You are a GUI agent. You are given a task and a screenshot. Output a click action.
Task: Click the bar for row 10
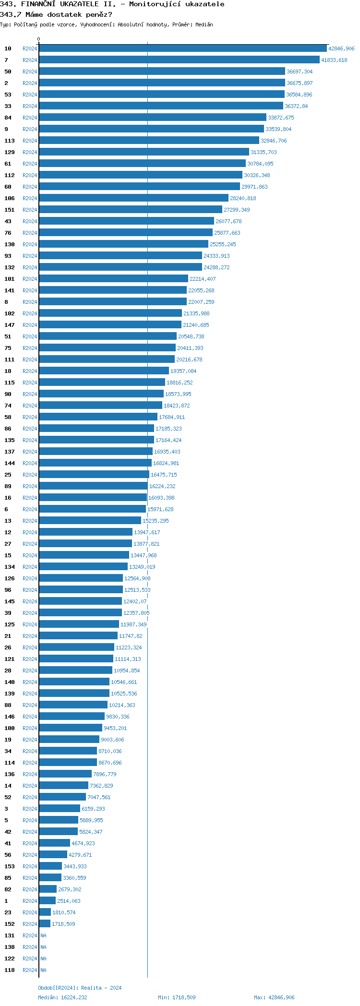(182, 48)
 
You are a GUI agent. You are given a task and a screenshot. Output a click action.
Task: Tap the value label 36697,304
(300, 72)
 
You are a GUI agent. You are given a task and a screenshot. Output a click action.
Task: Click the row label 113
(10, 141)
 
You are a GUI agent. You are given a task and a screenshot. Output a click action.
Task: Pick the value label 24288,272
(216, 267)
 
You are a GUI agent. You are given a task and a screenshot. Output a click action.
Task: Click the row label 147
(10, 325)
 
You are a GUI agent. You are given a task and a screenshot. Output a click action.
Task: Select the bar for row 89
(93, 486)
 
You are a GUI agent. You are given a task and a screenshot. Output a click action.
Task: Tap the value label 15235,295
(156, 521)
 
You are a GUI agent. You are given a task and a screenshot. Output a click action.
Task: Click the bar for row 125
(79, 624)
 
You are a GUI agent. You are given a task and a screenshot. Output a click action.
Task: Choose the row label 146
(10, 717)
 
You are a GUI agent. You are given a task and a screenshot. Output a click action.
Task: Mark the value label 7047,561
(99, 797)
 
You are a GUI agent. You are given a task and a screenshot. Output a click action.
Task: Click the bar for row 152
(45, 924)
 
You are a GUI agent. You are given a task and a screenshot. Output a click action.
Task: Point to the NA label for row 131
(43, 935)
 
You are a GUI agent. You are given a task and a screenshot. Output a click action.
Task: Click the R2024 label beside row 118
(30, 970)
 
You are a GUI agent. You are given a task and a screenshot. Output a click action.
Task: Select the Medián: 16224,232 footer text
(62, 997)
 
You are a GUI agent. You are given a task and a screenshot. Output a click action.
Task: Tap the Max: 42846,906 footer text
(274, 997)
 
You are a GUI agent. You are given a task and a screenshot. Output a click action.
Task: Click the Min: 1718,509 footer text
(177, 997)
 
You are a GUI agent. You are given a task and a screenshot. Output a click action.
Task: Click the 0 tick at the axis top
(39, 39)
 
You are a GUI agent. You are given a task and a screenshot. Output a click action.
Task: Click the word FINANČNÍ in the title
(39, 4)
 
